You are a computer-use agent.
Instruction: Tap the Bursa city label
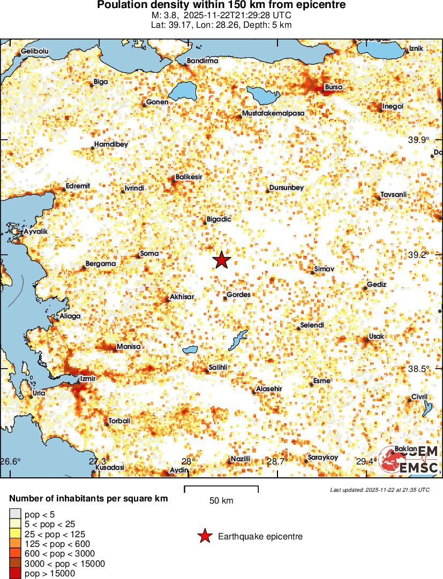pos(334,87)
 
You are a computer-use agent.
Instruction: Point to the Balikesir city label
pos(189,177)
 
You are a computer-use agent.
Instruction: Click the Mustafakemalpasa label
pos(273,113)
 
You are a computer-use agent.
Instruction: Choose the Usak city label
pos(377,336)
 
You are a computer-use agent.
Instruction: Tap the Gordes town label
pos(238,294)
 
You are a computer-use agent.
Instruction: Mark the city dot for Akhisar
pos(167,300)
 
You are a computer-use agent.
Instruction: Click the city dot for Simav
pos(313,272)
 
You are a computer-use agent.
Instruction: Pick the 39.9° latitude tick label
pos(418,140)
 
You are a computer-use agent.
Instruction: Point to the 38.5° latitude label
pos(418,369)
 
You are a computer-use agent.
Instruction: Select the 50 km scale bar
pos(221,489)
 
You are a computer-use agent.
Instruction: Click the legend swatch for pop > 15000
pos(15,574)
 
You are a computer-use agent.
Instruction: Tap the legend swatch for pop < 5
pos(15,515)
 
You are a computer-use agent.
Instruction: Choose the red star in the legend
pos(204,536)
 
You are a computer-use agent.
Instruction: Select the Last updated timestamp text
pos(379,490)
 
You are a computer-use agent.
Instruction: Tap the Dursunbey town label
pos(287,188)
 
